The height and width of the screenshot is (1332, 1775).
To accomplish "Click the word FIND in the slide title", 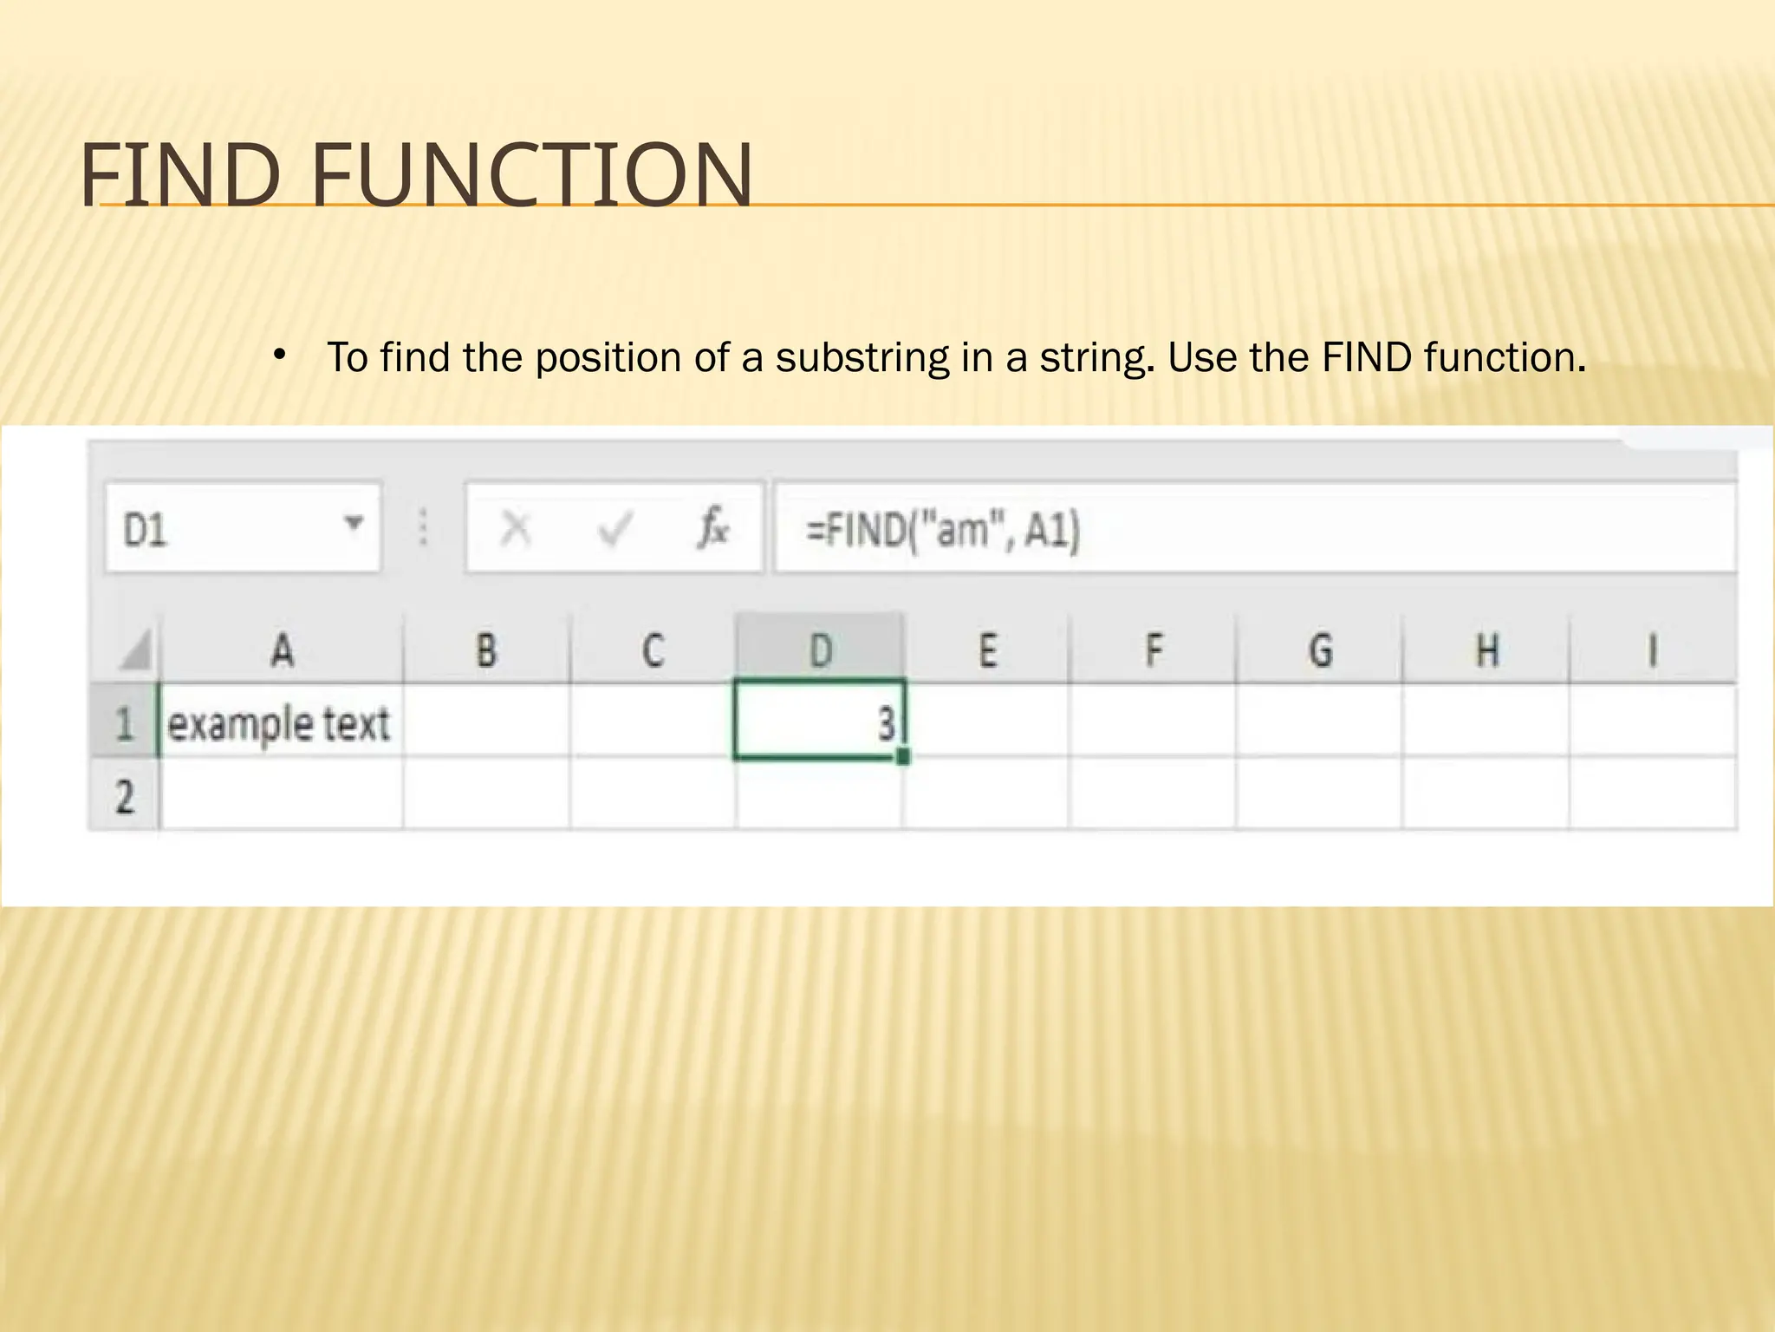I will [180, 176].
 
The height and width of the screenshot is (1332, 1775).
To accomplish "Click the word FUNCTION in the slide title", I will [531, 176].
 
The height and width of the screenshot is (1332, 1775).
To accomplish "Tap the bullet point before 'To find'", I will [278, 354].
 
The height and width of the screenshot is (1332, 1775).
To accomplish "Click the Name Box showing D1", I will [225, 527].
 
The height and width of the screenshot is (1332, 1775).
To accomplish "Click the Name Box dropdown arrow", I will [353, 523].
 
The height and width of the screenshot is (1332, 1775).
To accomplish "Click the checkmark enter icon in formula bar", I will [615, 527].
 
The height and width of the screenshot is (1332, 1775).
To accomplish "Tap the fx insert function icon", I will [712, 527].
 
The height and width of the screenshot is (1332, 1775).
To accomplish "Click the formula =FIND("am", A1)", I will [943, 529].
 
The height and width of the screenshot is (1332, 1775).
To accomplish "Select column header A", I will [282, 650].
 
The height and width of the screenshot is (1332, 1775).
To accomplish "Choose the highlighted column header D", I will [820, 650].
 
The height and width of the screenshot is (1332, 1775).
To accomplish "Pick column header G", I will [1320, 650].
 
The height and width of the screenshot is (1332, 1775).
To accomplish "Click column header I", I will [1653, 650].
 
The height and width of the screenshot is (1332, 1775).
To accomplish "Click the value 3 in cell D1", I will [884, 723].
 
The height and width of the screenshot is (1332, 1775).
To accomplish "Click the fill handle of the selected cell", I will [903, 757].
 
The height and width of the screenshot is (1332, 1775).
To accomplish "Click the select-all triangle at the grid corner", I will [137, 650].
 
